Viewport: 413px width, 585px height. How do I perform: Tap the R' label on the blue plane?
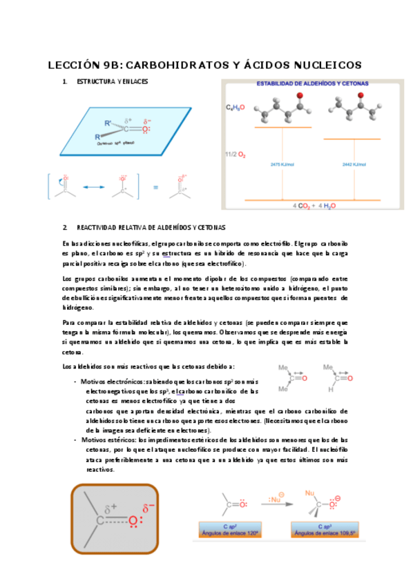[x=108, y=123]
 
